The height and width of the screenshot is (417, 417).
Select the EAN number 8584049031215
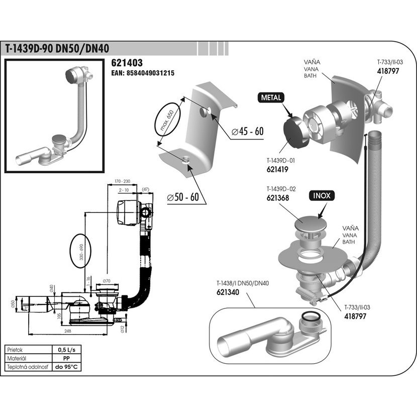(x=142, y=73)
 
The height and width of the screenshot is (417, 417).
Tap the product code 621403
(x=127, y=63)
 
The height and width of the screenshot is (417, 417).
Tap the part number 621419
(x=277, y=170)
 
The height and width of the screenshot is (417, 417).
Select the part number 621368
(x=277, y=197)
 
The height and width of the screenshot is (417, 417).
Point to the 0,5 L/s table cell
(x=64, y=350)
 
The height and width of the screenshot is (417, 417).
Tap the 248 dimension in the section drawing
(x=68, y=331)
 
